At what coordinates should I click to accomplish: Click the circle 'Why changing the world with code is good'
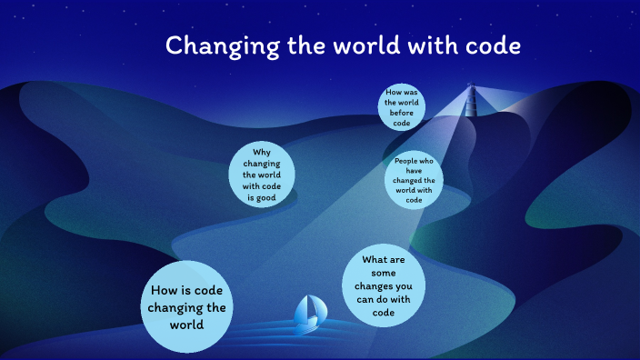263,174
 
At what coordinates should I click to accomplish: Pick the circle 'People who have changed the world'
415,181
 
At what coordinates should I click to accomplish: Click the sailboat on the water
308,313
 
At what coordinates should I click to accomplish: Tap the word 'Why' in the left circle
262,152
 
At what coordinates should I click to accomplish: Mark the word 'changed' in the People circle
407,181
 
